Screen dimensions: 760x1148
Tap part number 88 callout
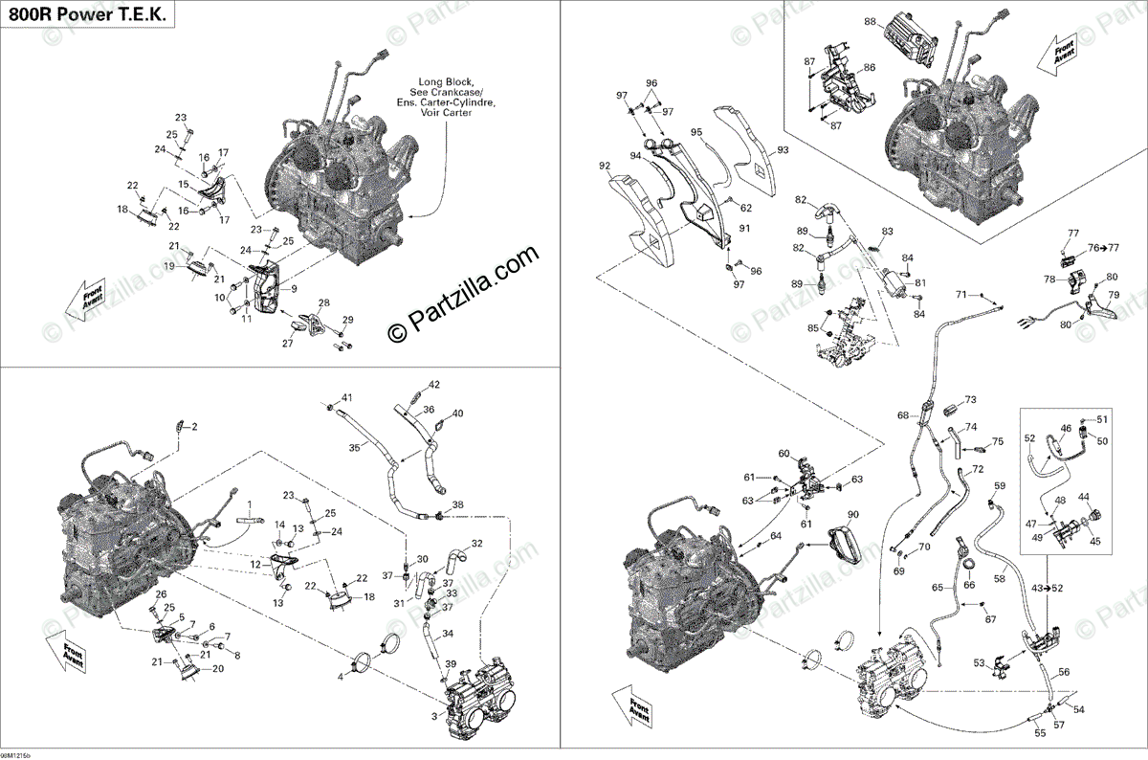pos(870,21)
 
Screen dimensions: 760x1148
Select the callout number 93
pos(783,150)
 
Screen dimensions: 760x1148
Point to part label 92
pos(605,166)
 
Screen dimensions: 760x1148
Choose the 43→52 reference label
pos(1045,587)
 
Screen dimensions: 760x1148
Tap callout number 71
pos(960,293)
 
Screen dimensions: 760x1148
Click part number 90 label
pos(852,515)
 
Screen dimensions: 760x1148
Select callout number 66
pos(969,585)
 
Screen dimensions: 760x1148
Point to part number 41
pos(347,397)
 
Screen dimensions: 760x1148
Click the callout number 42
pos(433,385)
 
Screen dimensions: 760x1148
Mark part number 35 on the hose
pos(354,447)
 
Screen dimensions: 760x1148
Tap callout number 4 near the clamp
pos(339,677)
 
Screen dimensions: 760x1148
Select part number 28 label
pos(323,303)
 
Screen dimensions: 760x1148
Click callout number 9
pos(294,289)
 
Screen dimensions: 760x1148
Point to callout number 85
pos(813,328)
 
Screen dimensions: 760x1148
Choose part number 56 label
pos(1065,671)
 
